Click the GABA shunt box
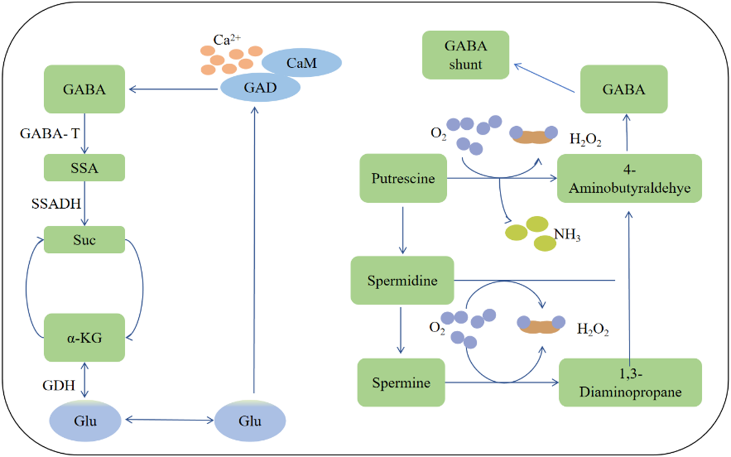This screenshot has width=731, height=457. tap(466, 55)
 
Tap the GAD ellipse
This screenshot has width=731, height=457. tap(260, 88)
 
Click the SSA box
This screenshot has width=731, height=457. tap(84, 168)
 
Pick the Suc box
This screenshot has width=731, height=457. tap(84, 240)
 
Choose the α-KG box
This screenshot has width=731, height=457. tap(84, 338)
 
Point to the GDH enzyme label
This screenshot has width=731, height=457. tap(58, 385)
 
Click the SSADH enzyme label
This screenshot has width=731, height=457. tap(56, 203)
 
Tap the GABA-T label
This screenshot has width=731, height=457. tap(50, 133)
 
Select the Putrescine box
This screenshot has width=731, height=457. tap(403, 178)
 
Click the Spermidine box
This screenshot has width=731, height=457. tap(402, 280)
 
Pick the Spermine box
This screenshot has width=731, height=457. tap(401, 382)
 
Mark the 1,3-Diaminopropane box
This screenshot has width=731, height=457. tap(630, 382)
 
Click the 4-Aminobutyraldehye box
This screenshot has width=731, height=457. tap(629, 178)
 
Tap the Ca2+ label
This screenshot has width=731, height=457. tap(227, 39)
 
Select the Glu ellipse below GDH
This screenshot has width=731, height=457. tap(85, 421)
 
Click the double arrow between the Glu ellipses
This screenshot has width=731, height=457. tap(169, 420)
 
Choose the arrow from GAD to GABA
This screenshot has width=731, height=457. tap(173, 89)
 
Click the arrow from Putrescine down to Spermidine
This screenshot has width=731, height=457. tap(403, 230)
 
